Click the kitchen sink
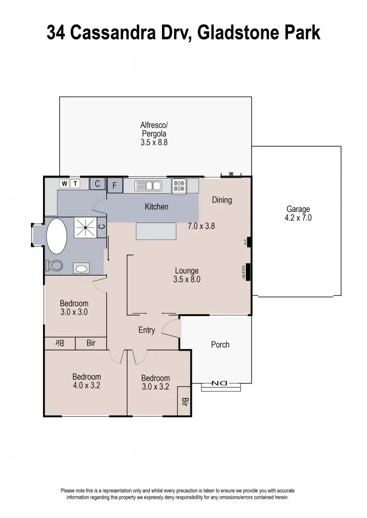pyautogui.click(x=148, y=186)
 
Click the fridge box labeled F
pyautogui.click(x=115, y=186)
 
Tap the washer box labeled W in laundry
pyautogui.click(x=64, y=184)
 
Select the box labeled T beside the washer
pyautogui.click(x=75, y=184)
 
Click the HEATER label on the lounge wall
pyautogui.click(x=244, y=272)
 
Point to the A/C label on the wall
pyautogui.click(x=245, y=242)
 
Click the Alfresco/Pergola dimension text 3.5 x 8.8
pyautogui.click(x=154, y=143)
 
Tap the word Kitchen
pyautogui.click(x=156, y=207)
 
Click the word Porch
pyautogui.click(x=220, y=344)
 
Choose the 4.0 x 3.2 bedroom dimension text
pyautogui.click(x=87, y=385)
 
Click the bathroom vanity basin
pyautogui.click(x=81, y=268)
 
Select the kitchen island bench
pyautogui.click(x=156, y=232)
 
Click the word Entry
pyautogui.click(x=146, y=330)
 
